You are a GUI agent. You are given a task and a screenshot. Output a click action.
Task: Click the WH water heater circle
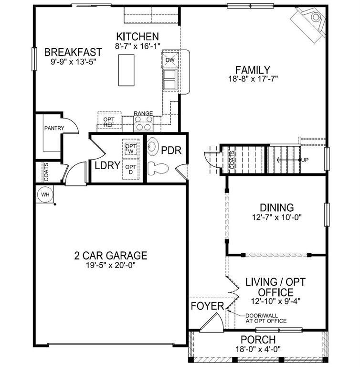tap(45, 194)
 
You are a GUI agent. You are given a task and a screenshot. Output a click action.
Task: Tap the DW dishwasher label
tap(170, 60)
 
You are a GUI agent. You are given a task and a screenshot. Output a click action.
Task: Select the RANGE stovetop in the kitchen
tap(143, 124)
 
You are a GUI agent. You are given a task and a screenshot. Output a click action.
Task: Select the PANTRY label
tap(54, 128)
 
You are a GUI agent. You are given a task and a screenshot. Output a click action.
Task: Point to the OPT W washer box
tap(130, 149)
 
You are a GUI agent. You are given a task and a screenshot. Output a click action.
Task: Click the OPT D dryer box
tap(130, 169)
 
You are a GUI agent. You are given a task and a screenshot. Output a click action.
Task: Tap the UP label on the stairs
tap(305, 160)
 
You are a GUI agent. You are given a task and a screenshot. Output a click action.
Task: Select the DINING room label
tap(276, 208)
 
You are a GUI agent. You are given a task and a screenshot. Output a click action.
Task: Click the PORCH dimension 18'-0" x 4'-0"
tap(258, 349)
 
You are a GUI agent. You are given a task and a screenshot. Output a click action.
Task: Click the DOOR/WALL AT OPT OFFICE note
tap(265, 318)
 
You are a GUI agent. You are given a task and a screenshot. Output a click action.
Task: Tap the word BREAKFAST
tap(73, 52)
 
